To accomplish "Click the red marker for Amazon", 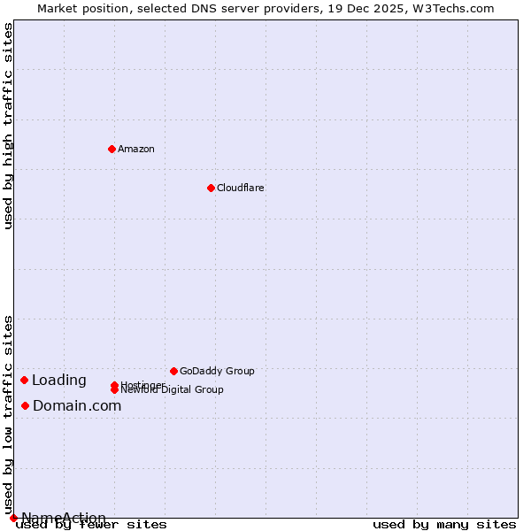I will [x=112, y=149].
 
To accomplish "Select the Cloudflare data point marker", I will [x=211, y=188].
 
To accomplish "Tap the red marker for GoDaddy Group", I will [x=173, y=371].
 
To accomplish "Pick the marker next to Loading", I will [x=24, y=380].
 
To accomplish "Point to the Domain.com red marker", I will [x=25, y=405].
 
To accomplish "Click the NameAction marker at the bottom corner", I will [x=13, y=518].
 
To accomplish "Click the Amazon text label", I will [x=136, y=149].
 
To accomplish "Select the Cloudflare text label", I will [x=241, y=188].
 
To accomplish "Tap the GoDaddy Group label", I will [x=217, y=371].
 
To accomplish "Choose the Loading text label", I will [x=59, y=381].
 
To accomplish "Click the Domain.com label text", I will [x=77, y=406].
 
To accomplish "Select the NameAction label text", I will [x=64, y=518].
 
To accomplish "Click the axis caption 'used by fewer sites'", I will [x=91, y=525].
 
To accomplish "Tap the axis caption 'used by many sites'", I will [x=444, y=525].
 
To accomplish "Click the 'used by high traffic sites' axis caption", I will [x=9, y=126].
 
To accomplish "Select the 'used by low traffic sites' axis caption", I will [x=9, y=414].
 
